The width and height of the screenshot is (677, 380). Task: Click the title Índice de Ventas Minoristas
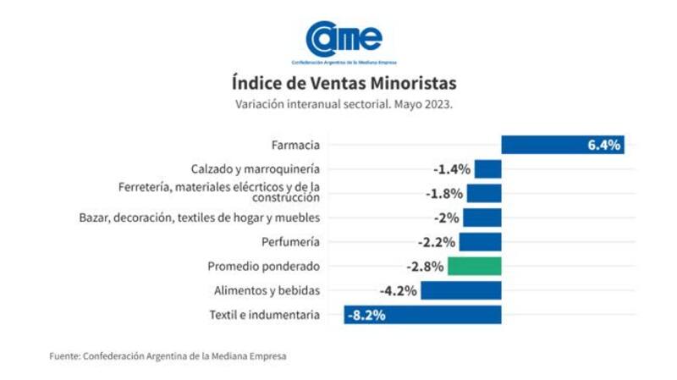click(344, 83)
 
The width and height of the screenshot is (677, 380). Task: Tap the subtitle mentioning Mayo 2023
click(344, 104)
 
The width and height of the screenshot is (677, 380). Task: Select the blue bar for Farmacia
click(542, 145)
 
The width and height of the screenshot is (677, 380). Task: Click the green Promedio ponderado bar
click(475, 266)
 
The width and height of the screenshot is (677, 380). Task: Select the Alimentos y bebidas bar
click(461, 290)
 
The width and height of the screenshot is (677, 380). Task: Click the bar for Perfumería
click(481, 242)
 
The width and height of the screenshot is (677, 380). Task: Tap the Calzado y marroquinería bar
click(487, 168)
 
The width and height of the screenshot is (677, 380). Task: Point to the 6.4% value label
click(604, 145)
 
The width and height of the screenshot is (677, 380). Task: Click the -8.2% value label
click(366, 315)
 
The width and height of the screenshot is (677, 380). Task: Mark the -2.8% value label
click(425, 267)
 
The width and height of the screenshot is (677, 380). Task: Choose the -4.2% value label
click(398, 290)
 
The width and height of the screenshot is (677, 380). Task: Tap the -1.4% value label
click(451, 169)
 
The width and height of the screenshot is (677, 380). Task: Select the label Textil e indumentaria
click(264, 315)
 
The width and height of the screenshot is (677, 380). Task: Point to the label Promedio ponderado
click(264, 267)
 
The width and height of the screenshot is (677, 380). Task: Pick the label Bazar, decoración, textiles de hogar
click(200, 218)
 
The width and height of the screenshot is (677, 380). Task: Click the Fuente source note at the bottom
click(168, 356)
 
